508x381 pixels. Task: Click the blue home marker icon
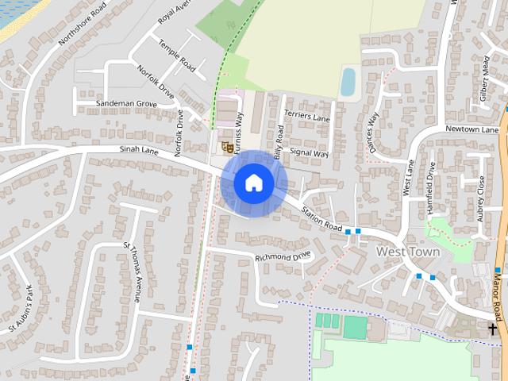click(x=253, y=183)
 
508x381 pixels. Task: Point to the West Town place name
click(x=408, y=252)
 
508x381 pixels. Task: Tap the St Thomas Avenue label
click(x=132, y=272)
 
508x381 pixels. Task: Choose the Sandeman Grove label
click(x=125, y=104)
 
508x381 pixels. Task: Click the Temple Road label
click(x=176, y=56)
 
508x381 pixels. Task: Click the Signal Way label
click(x=309, y=152)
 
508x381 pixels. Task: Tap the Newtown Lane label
click(x=471, y=129)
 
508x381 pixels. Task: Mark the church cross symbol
click(x=493, y=328)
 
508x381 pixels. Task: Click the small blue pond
click(x=348, y=80)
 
